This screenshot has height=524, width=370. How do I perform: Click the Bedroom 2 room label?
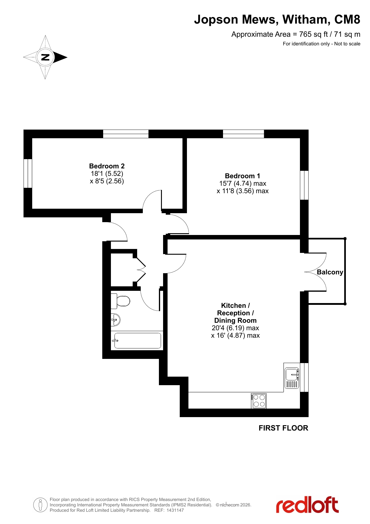[x=107, y=166]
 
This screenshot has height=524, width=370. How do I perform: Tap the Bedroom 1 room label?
[x=242, y=176]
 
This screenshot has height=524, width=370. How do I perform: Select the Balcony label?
[x=330, y=272]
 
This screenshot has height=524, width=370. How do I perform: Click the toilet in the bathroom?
[x=120, y=301]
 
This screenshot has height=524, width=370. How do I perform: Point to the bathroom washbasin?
[x=115, y=320]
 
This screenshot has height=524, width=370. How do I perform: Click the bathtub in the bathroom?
[x=137, y=340]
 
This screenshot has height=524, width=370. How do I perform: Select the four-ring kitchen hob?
[x=259, y=401]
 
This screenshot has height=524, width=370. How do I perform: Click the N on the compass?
[x=45, y=57]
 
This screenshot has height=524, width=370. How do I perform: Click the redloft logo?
[x=307, y=505]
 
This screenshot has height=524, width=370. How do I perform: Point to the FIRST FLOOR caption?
[x=283, y=428]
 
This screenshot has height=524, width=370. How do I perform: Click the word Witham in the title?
[x=306, y=19]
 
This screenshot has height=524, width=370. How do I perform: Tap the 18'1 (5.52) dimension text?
[x=107, y=173]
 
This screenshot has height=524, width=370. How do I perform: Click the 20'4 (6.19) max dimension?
[x=235, y=328]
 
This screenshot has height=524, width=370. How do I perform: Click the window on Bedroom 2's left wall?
[x=28, y=173]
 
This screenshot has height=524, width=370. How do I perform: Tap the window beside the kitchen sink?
[x=304, y=377]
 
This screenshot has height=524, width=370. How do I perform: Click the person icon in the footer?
[x=40, y=505]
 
